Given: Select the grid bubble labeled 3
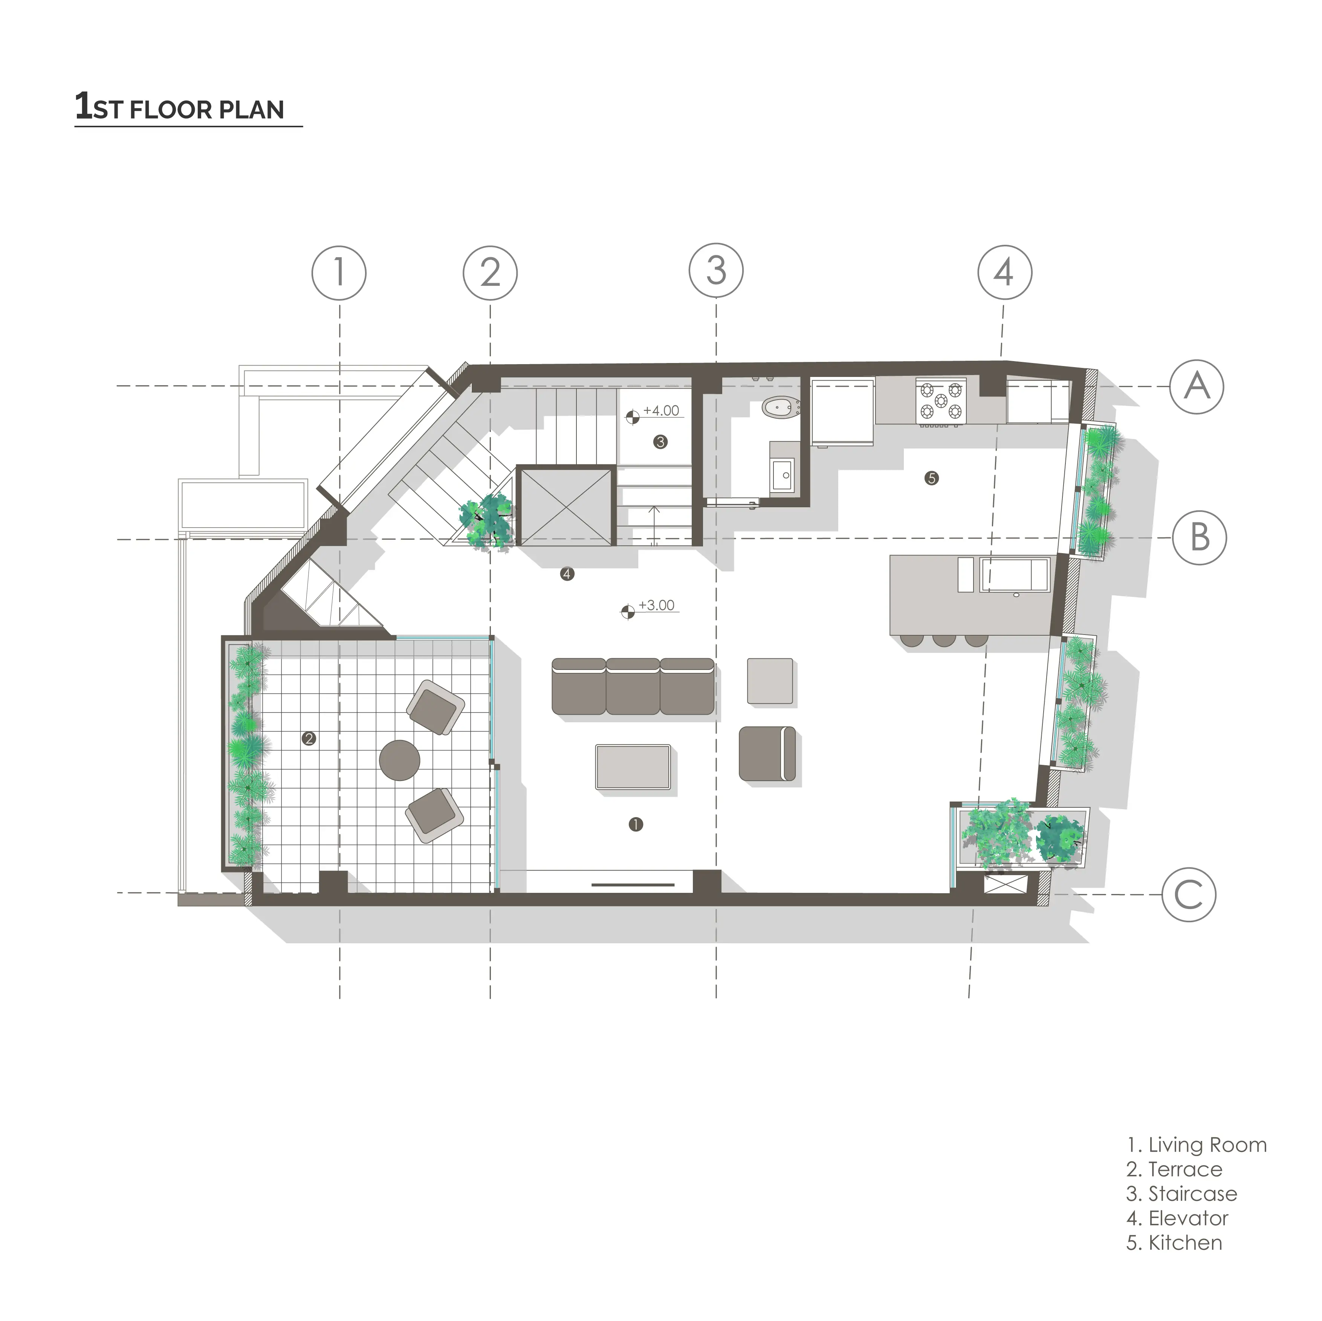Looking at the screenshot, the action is (x=716, y=271).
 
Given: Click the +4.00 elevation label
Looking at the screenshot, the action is (x=661, y=411).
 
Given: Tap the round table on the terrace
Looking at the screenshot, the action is (x=400, y=760).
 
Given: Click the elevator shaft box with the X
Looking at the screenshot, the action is (x=564, y=506).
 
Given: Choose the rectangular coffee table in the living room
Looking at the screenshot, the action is (x=633, y=767).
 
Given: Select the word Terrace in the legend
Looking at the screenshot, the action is (x=1185, y=1169).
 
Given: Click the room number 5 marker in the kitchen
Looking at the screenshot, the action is (x=931, y=478).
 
